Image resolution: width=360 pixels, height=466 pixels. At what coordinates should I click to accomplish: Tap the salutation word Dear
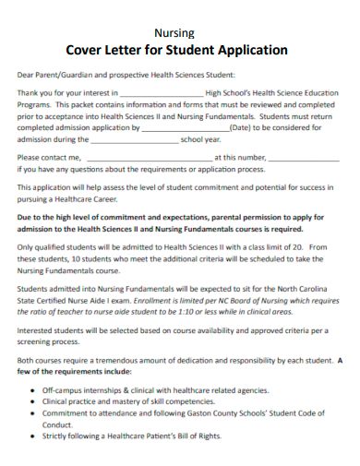tap(28, 76)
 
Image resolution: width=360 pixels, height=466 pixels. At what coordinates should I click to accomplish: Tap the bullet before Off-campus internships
tap(34, 390)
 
